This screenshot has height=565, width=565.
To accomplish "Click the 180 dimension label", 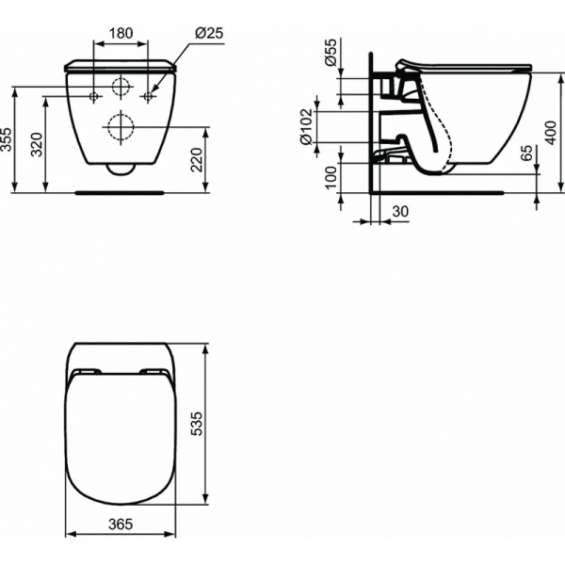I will (x=121, y=33).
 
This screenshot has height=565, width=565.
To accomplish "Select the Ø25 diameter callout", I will (x=208, y=33).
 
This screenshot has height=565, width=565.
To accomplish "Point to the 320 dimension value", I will (x=39, y=144).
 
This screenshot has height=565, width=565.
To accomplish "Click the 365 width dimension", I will (x=119, y=524).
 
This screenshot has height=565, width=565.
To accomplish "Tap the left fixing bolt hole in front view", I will (x=94, y=97).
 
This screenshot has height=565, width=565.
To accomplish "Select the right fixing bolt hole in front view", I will (x=147, y=97).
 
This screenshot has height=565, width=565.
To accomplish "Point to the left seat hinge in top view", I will (x=87, y=370).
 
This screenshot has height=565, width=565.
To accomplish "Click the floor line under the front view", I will (x=120, y=191).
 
